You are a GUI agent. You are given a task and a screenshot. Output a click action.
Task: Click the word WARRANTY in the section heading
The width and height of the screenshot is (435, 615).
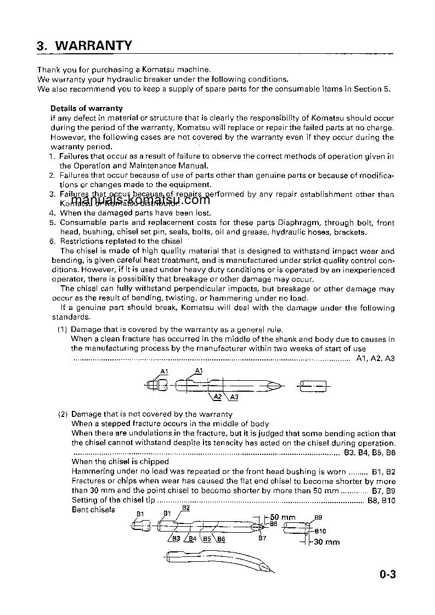94,45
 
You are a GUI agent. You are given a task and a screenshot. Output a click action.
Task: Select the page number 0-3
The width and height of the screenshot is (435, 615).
387,575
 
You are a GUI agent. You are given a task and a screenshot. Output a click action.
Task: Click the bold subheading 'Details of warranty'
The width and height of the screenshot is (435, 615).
87,109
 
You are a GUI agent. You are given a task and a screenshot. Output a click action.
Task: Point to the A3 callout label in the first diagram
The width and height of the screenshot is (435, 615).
234,397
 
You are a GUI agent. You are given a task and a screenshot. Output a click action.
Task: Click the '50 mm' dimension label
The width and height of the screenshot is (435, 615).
283,517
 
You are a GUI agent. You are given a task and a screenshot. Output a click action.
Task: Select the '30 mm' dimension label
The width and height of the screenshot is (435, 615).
326,542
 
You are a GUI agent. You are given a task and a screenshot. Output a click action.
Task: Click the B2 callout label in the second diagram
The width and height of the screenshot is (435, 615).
185,508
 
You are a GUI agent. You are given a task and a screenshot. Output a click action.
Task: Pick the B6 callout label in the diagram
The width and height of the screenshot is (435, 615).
221,539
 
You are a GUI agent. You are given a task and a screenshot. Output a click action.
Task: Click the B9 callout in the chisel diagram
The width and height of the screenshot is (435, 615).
318,517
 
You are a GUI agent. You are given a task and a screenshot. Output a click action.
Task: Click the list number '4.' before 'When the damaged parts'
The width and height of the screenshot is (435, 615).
53,213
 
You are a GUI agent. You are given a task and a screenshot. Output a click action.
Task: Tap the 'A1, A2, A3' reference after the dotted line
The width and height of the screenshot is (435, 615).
375,358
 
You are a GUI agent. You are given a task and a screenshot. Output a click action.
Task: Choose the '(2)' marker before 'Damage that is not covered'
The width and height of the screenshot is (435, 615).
63,414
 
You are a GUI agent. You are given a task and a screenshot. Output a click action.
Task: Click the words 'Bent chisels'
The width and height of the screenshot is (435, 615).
93,510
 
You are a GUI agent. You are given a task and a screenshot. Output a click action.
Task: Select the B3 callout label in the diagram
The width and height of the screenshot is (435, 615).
176,539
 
